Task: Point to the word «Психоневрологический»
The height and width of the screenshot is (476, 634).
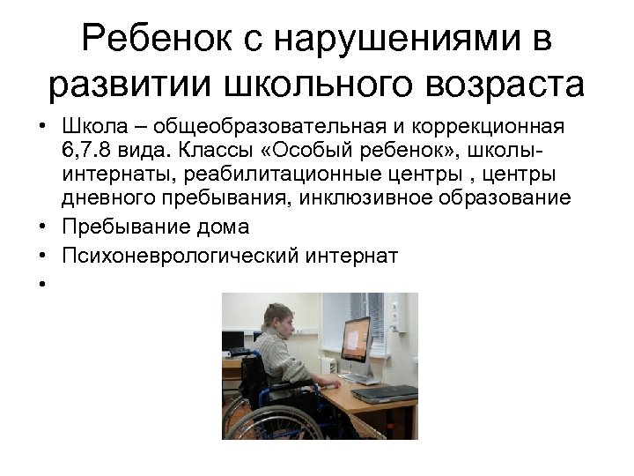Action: [x=180, y=255]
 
